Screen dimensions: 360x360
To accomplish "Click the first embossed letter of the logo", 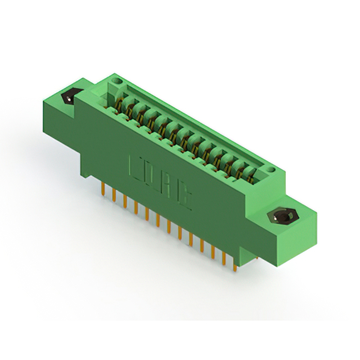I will click(136, 165).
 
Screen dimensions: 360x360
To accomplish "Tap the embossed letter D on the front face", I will click(151, 174).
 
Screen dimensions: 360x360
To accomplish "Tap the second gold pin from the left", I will click(114, 194).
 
